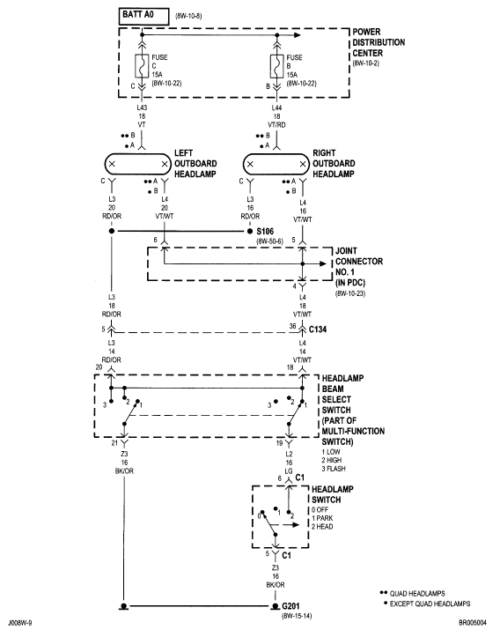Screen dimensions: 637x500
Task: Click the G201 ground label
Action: pyautogui.click(x=293, y=607)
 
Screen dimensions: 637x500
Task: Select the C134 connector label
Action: pyautogui.click(x=319, y=328)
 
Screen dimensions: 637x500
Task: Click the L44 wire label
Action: pyautogui.click(x=278, y=106)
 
